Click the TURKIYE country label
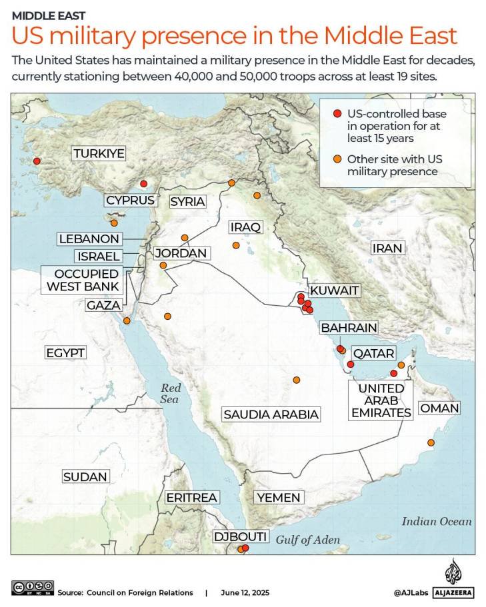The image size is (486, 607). coord(99,154)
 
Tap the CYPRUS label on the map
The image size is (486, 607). coord(131,200)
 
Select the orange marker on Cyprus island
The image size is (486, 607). coord(114,223)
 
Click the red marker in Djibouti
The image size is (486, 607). coord(245,548)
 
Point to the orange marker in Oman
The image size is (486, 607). coord(430,443)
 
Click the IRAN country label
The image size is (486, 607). coord(387,249)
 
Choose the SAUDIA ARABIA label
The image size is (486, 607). coord(271,414)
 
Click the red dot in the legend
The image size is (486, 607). coord(337,114)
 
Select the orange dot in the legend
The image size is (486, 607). coord(337,159)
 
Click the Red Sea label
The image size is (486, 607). coord(171,393)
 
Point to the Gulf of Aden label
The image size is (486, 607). coord(308,540)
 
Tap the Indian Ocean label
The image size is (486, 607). coord(436,522)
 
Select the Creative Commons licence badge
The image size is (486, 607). coord(32,588)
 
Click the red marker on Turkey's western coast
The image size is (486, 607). coord(37,161)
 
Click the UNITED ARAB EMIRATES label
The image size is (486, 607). coord(381,400)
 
